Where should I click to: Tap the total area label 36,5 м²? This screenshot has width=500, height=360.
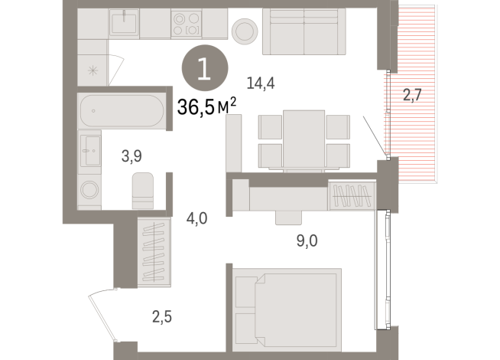click(206, 107)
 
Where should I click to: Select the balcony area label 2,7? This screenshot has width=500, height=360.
click(413, 96)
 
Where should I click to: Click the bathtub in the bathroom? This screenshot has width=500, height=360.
click(121, 110)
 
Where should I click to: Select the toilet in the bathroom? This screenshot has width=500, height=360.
click(143, 190)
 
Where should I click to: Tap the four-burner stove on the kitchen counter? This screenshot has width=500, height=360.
click(187, 25)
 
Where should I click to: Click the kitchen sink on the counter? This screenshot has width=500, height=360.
click(123, 24)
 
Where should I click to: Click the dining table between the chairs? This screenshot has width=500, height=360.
click(304, 140)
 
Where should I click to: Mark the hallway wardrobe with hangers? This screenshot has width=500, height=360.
click(156, 250)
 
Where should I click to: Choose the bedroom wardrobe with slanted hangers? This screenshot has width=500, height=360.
click(352, 196)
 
